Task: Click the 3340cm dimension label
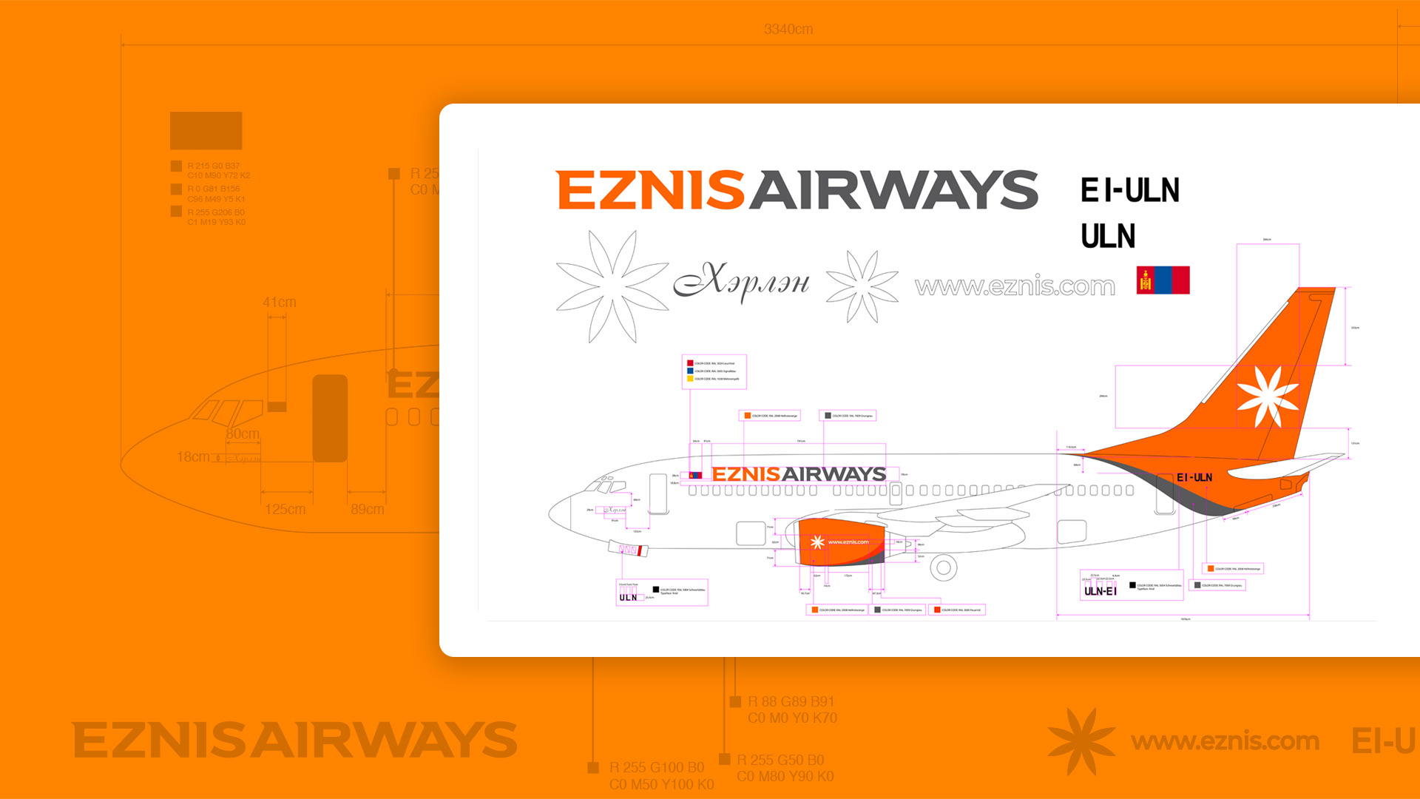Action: tap(788, 30)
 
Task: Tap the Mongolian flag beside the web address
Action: tap(1163, 280)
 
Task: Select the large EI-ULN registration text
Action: tap(1129, 190)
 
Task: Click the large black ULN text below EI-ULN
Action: tap(1108, 237)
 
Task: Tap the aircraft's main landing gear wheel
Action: tap(943, 568)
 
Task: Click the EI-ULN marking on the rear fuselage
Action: tap(1194, 478)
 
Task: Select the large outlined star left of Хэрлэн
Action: tap(612, 286)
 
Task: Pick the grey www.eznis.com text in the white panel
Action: tap(1014, 286)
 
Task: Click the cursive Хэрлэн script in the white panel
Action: tap(742, 282)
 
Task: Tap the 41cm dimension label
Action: tap(279, 303)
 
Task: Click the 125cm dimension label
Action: tap(285, 510)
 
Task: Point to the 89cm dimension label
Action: tap(367, 510)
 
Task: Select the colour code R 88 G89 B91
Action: tap(791, 702)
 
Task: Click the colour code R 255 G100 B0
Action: tap(656, 768)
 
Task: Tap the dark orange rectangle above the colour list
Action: tap(206, 131)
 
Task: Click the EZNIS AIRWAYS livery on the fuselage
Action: tap(798, 474)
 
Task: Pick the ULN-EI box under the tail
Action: tap(1100, 590)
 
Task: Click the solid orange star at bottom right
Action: tap(1081, 741)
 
